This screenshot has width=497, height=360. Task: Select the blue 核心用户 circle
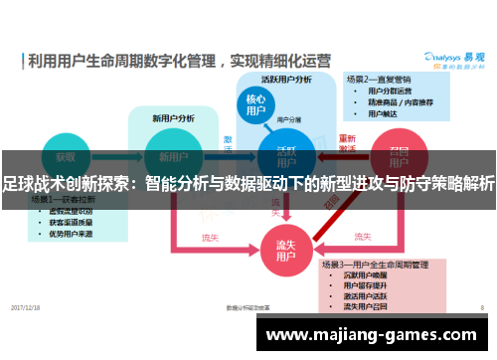[x=255, y=105]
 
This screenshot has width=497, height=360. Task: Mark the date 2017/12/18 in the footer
[x=26, y=307]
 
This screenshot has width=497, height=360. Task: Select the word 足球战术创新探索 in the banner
[x=70, y=183]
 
